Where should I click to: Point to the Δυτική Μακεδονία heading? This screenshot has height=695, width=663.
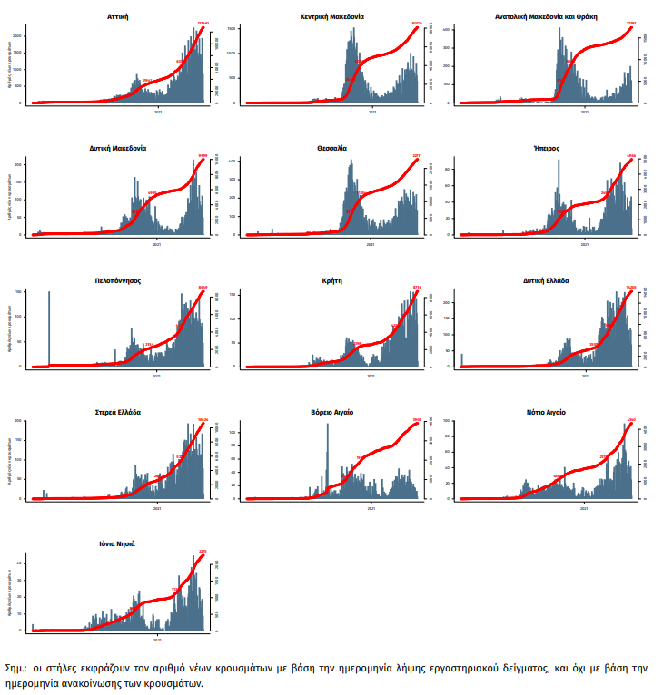point(118,148)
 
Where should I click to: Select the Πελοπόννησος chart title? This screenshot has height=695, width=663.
point(118,280)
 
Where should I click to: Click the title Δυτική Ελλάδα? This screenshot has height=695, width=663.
point(546,280)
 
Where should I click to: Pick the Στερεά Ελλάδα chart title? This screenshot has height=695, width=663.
point(118,412)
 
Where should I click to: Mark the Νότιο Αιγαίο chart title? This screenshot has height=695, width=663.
point(546,412)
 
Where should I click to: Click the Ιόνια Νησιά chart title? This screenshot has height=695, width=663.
point(118,543)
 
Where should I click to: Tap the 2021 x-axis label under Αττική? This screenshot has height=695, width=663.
point(158,112)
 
